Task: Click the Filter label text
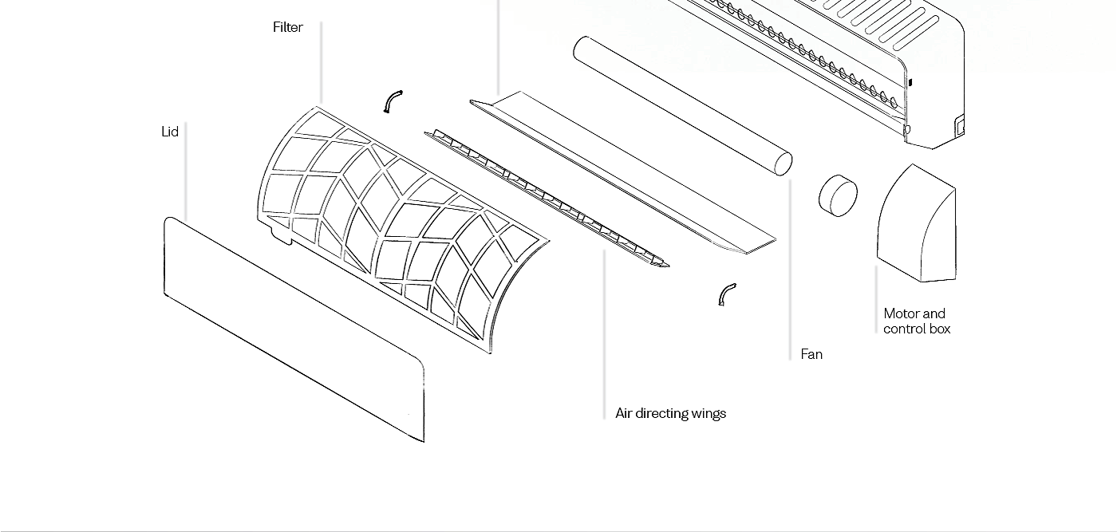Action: click(x=287, y=27)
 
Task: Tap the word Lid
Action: click(x=169, y=132)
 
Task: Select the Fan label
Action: click(x=811, y=354)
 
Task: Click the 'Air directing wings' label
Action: click(x=670, y=413)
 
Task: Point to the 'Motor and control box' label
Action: click(x=916, y=321)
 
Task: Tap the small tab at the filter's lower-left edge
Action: click(x=280, y=234)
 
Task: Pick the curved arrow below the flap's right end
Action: click(x=726, y=294)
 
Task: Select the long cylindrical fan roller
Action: click(x=678, y=103)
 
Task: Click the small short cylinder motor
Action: click(x=838, y=195)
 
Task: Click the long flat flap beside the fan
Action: click(x=622, y=171)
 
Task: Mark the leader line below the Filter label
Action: click(x=321, y=64)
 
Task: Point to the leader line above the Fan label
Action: click(x=790, y=271)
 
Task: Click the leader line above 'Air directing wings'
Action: click(x=604, y=335)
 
